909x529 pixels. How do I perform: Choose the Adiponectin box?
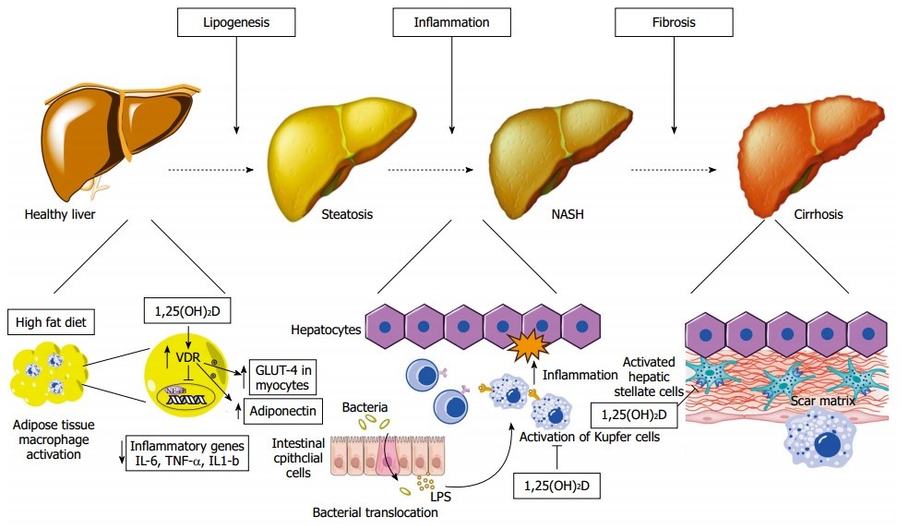pos(281,409)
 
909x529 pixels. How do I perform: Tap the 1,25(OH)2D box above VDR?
pos(188,312)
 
